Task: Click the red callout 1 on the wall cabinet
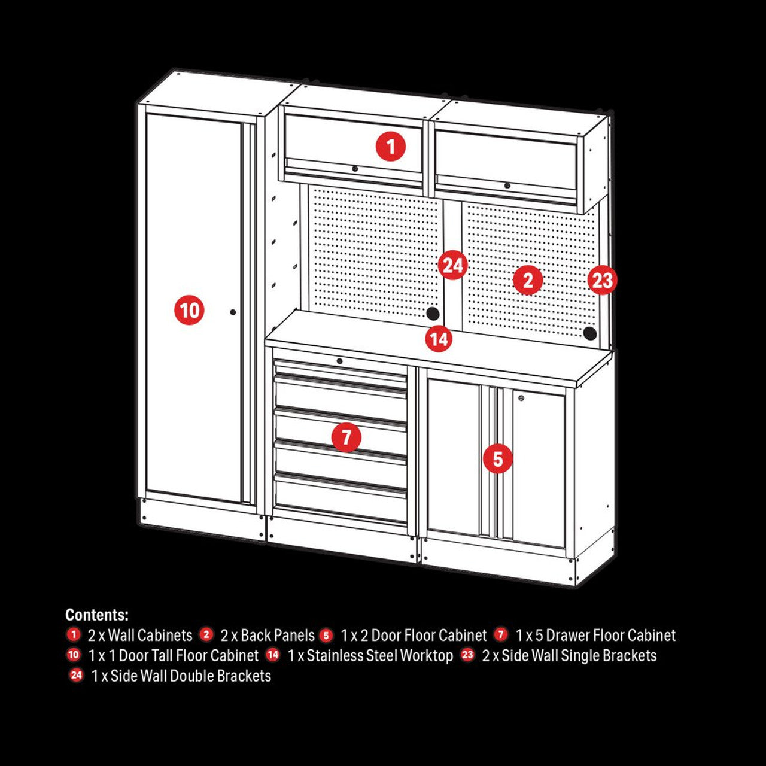pos(391,146)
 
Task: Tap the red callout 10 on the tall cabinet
pos(190,310)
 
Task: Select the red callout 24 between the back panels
pos(452,265)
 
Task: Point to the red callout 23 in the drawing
pos(602,280)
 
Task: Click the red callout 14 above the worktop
pos(439,339)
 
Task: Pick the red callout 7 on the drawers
pos(347,437)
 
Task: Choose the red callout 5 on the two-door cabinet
pos(498,459)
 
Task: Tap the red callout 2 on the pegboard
pos(528,280)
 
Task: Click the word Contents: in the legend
pos(97,615)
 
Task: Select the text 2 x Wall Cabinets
pos(140,635)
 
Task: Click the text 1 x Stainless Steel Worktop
pos(370,655)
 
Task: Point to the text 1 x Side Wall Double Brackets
pos(181,676)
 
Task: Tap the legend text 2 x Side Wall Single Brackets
pos(569,655)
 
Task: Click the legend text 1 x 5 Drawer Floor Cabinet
pos(595,635)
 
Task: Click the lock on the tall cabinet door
pos(233,312)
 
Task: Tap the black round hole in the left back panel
pos(432,313)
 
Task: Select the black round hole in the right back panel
pos(590,333)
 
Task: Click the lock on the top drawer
pos(339,361)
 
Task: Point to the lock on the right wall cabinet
pos(507,186)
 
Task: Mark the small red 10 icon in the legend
pos(74,655)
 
